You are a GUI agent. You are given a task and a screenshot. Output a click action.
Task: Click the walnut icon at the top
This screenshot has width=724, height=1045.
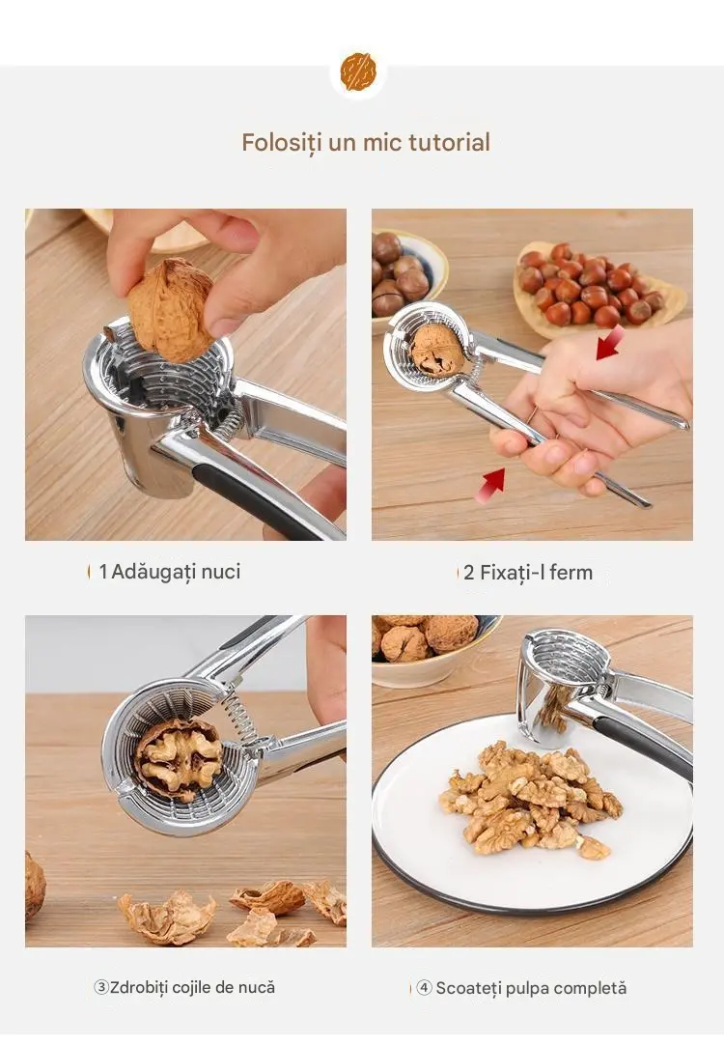click(x=358, y=72)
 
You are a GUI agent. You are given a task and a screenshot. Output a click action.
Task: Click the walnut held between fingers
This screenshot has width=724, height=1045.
click(x=170, y=309)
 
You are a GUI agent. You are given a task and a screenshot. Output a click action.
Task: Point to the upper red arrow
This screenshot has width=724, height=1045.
click(x=610, y=343)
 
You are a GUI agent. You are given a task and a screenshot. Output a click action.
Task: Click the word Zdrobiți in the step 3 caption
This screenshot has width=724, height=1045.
click(x=139, y=987)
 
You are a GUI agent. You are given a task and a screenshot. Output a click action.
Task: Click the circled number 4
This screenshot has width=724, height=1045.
click(x=425, y=988)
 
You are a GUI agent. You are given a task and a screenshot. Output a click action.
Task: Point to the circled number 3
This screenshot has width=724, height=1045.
click(x=101, y=987)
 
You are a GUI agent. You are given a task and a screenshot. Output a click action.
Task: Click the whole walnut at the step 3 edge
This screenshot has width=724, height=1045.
click(x=35, y=887)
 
